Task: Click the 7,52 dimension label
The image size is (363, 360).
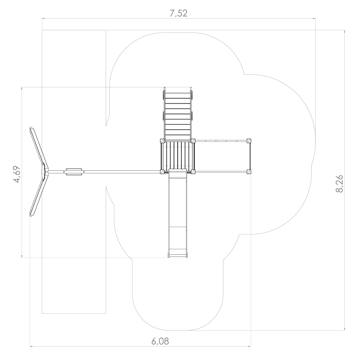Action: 178,13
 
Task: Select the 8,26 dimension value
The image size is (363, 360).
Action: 339,184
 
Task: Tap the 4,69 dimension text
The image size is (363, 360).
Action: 17,174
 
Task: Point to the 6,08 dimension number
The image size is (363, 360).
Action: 160,341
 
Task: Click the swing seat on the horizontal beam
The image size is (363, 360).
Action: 74,172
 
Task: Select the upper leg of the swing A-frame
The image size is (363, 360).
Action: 39,149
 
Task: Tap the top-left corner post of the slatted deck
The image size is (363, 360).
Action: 162,141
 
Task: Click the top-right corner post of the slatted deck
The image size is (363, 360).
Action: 193,141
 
